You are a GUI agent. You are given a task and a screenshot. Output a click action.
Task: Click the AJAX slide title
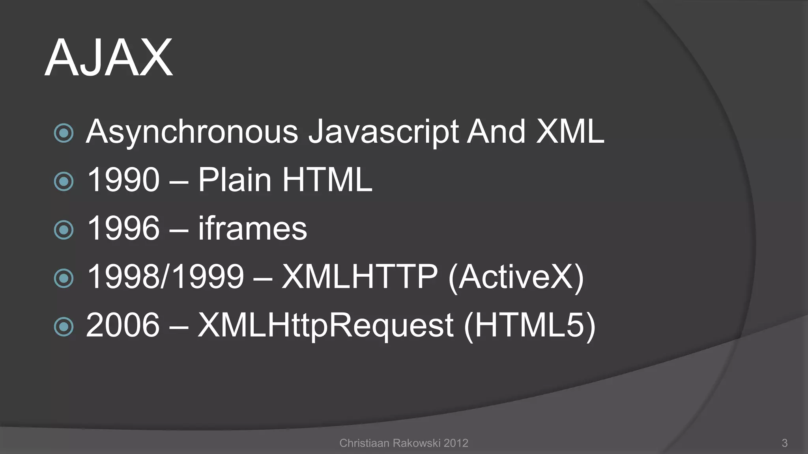coord(108,58)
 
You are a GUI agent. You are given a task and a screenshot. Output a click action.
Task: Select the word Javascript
coord(383,132)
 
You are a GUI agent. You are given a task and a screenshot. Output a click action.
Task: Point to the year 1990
coord(123,180)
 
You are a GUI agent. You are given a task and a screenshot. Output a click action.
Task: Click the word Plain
coord(235,180)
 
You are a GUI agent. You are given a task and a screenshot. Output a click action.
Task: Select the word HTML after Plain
coord(327,180)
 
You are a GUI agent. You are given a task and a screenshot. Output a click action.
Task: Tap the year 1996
coord(123,228)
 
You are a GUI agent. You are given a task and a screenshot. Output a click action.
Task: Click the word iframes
coord(252,228)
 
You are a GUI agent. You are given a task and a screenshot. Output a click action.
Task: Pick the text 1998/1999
coord(165,277)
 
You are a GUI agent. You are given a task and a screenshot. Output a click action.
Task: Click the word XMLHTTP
coord(359,277)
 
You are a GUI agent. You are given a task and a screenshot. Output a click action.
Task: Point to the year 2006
coord(123,325)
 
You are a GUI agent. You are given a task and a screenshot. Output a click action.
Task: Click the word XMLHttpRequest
coord(325,326)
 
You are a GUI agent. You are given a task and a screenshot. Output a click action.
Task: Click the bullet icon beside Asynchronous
coord(64,133)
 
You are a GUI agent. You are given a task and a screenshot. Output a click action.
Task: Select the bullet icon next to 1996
coord(64,230)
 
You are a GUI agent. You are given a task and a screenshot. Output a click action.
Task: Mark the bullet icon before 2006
coord(64,327)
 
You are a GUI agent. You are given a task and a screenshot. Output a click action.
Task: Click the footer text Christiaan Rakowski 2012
coord(404,443)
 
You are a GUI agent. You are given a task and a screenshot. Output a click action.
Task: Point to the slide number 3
coord(784,443)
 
